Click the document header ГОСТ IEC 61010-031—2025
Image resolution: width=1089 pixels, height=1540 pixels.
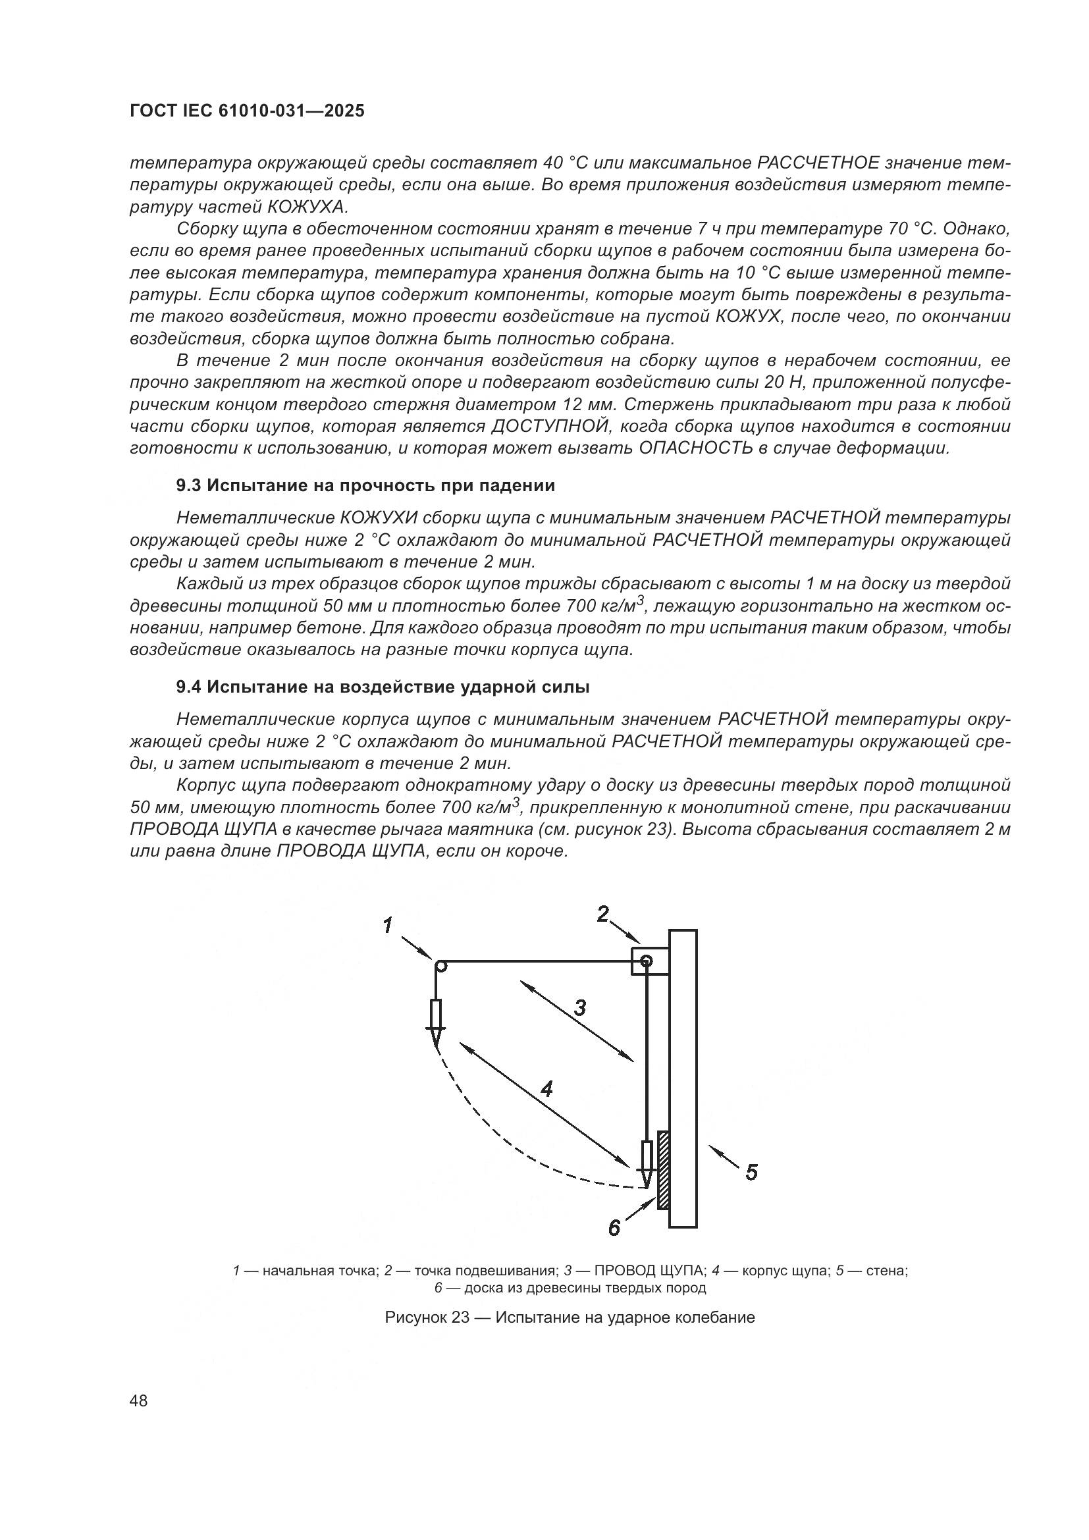[x=247, y=111]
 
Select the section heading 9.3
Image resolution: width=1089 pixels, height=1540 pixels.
[x=365, y=486]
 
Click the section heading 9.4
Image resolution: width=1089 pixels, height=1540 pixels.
[x=383, y=687]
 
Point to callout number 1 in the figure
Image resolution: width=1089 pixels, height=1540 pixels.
[x=388, y=926]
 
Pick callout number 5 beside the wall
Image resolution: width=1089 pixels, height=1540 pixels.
[x=751, y=1173]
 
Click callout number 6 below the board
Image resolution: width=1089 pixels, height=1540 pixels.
[x=614, y=1228]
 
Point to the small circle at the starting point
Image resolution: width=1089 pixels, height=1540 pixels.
[x=440, y=967]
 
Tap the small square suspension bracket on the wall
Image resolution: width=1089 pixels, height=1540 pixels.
[x=649, y=961]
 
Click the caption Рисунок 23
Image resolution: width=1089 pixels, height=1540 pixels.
[x=570, y=1317]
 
